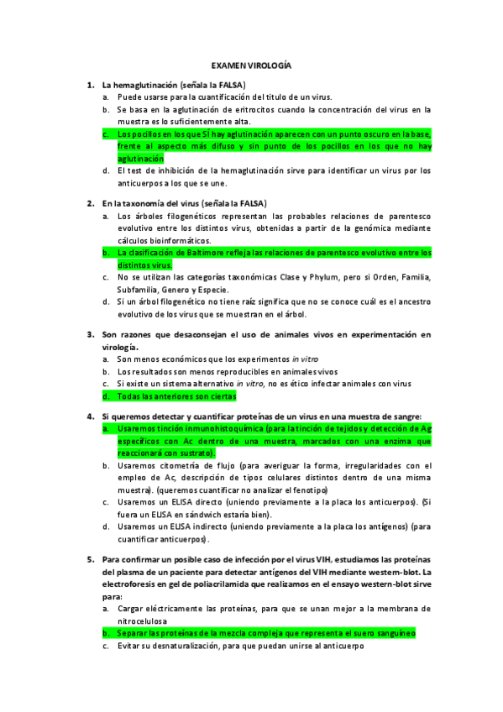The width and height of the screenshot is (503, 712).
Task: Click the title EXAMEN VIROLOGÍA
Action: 251,64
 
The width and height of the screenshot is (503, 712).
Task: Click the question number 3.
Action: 90,335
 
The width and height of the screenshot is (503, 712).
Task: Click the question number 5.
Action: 90,558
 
